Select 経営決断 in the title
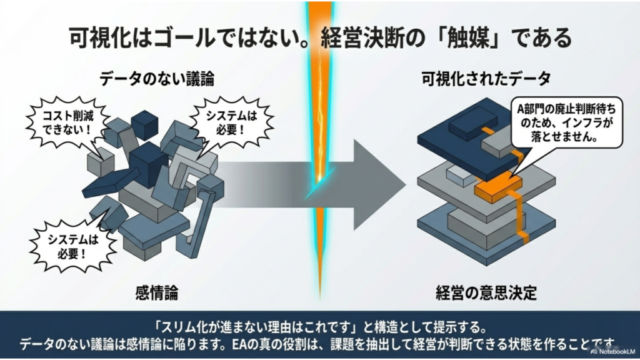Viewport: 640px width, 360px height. coord(364,38)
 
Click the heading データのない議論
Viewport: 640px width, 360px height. coord(157,79)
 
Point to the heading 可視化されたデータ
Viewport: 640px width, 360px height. coord(486,79)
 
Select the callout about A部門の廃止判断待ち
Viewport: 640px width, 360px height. coord(566,123)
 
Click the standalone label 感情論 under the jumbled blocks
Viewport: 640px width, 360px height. coord(157,293)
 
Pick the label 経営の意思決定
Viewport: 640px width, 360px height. coord(486,293)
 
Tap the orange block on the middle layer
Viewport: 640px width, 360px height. coord(498,187)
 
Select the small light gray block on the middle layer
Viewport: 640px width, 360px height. coord(461,174)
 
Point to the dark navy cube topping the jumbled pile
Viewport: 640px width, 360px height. coord(144,124)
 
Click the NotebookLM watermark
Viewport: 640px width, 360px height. coord(612,351)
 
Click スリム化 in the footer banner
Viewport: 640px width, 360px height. coord(190,327)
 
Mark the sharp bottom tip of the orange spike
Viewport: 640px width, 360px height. coord(320,300)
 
